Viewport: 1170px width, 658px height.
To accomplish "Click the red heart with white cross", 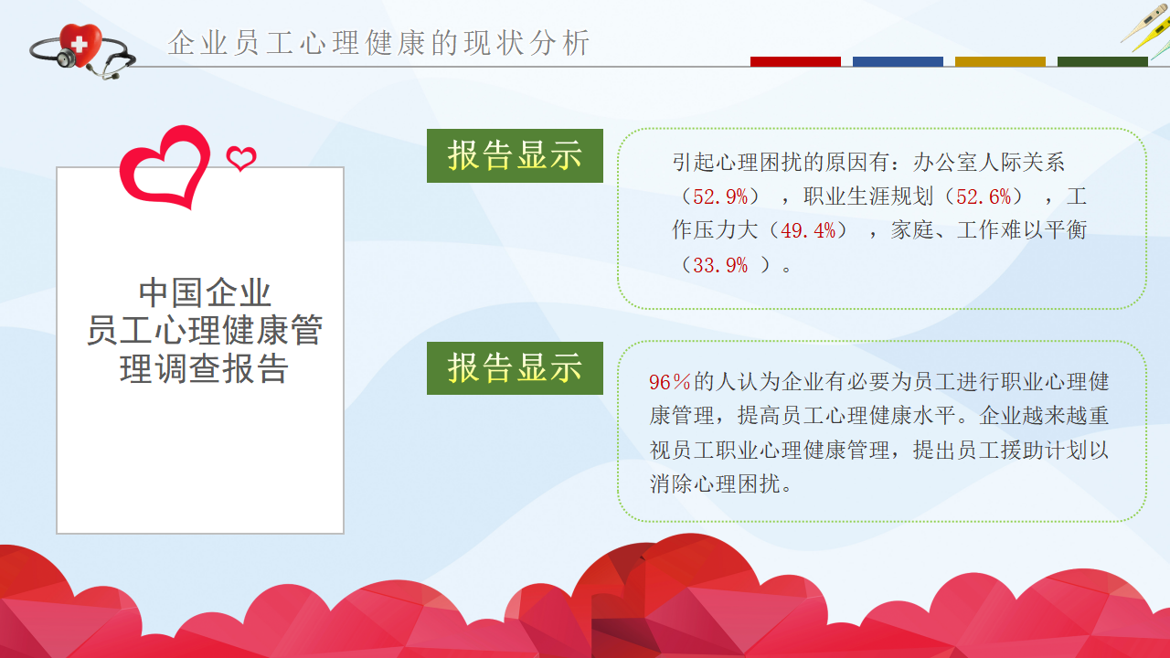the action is point(80,45).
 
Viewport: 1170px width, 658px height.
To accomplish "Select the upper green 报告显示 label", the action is point(515,155).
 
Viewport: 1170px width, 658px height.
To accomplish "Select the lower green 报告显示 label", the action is point(515,368).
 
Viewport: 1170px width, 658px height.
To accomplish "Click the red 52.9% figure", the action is point(720,196).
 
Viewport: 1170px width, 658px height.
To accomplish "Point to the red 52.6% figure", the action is point(984,196).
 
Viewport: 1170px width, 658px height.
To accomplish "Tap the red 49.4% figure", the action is point(808,231).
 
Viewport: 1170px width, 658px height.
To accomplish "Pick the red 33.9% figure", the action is point(720,265).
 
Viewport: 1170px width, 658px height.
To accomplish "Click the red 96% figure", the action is point(670,382).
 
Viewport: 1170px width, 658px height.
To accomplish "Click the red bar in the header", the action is point(795,61).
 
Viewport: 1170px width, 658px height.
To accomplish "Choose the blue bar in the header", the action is point(898,61).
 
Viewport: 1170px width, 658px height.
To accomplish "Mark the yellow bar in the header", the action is point(1000,61).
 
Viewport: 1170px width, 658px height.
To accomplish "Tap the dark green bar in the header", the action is point(1102,61).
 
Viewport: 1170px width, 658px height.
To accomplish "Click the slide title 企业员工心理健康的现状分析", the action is point(379,42).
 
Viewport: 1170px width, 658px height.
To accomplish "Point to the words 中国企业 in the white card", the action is point(205,292).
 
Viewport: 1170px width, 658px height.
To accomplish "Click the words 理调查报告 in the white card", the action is point(204,368).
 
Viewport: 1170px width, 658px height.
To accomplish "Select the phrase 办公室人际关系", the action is point(989,163).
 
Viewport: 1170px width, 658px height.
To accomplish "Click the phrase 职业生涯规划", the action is point(868,196).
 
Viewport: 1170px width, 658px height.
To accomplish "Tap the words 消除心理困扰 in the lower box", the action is point(715,484).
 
